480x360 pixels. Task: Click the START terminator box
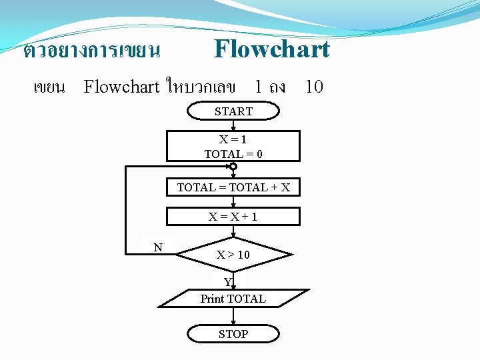pos(233,111)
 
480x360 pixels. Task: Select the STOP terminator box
pos(233,333)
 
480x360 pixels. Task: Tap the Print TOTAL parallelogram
pos(233,299)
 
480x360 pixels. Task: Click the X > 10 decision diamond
pos(233,254)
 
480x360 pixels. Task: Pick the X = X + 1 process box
pos(233,216)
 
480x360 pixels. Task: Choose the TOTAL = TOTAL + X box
pos(233,187)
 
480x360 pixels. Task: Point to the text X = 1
pos(233,140)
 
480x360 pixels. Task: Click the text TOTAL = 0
pos(233,154)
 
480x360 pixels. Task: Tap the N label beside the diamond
pos(158,247)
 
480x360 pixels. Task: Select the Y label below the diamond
pos(227,281)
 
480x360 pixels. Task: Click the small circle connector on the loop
pos(233,166)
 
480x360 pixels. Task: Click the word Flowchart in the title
pos(271,49)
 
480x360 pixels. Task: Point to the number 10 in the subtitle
pos(313,87)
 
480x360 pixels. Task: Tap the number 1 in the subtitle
pos(257,87)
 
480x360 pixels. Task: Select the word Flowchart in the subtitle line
pos(121,87)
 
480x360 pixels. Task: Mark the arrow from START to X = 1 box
pos(233,125)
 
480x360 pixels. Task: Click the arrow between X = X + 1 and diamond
pos(233,231)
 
